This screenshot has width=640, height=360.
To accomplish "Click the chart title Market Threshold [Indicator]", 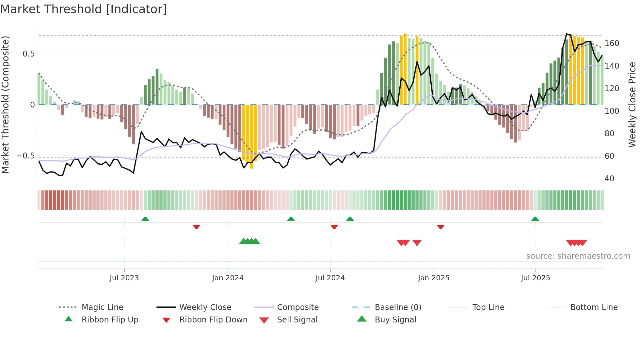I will (x=84, y=9).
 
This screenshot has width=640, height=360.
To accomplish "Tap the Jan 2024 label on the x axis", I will (x=228, y=278).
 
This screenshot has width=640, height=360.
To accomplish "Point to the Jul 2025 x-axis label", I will (x=535, y=278).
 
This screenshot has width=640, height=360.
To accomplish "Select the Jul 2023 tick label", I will (x=124, y=278).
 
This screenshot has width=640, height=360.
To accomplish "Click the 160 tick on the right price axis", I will (x=612, y=43).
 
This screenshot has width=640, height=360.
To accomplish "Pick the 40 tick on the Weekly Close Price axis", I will (x=609, y=179).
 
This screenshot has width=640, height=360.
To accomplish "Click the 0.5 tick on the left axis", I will (x=28, y=54).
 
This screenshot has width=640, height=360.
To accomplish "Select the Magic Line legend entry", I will (x=102, y=307).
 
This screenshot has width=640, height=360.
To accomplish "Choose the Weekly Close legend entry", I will (x=205, y=307).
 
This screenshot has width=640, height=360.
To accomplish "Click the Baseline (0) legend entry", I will (x=398, y=307).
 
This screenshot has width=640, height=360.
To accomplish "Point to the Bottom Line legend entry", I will (x=594, y=307).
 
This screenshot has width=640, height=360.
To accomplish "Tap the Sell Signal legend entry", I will (x=297, y=320).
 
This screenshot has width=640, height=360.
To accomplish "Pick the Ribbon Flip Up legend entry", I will (x=110, y=320).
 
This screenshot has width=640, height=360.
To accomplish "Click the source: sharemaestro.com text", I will (x=578, y=256).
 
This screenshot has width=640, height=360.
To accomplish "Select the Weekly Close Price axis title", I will (x=632, y=105).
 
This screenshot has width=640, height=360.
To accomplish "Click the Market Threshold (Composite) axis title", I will (x=5, y=105).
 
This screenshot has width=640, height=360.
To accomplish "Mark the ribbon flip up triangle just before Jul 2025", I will (x=535, y=219).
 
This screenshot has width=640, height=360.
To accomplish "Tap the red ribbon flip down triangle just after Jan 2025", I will (x=440, y=227).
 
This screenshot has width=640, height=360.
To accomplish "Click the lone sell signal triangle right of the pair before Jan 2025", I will (x=417, y=243).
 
